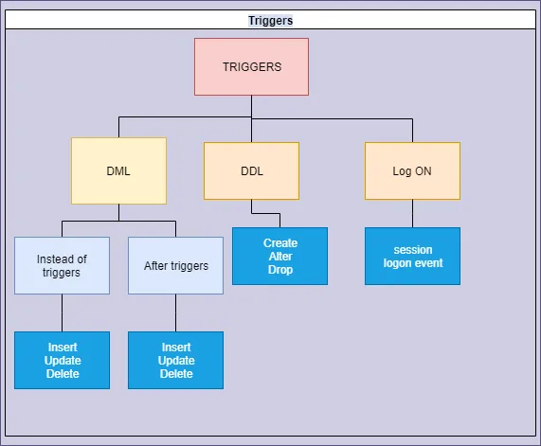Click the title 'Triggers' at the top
click(270, 20)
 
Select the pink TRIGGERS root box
click(251, 67)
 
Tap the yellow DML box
click(118, 171)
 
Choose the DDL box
click(251, 171)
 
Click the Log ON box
click(412, 171)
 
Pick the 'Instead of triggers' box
click(62, 265)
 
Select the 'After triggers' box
click(175, 265)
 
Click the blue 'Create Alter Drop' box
click(280, 256)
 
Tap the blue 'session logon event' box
click(412, 256)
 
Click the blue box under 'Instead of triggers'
click(62, 360)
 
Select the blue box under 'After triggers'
click(175, 360)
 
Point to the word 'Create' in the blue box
click(280, 243)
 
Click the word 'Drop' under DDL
click(280, 270)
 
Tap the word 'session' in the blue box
click(412, 250)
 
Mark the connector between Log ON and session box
click(412, 213)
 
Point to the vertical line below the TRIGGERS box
click(251, 106)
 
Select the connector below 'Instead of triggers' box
click(62, 312)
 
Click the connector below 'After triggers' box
click(175, 312)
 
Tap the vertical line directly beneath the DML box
click(118, 212)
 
